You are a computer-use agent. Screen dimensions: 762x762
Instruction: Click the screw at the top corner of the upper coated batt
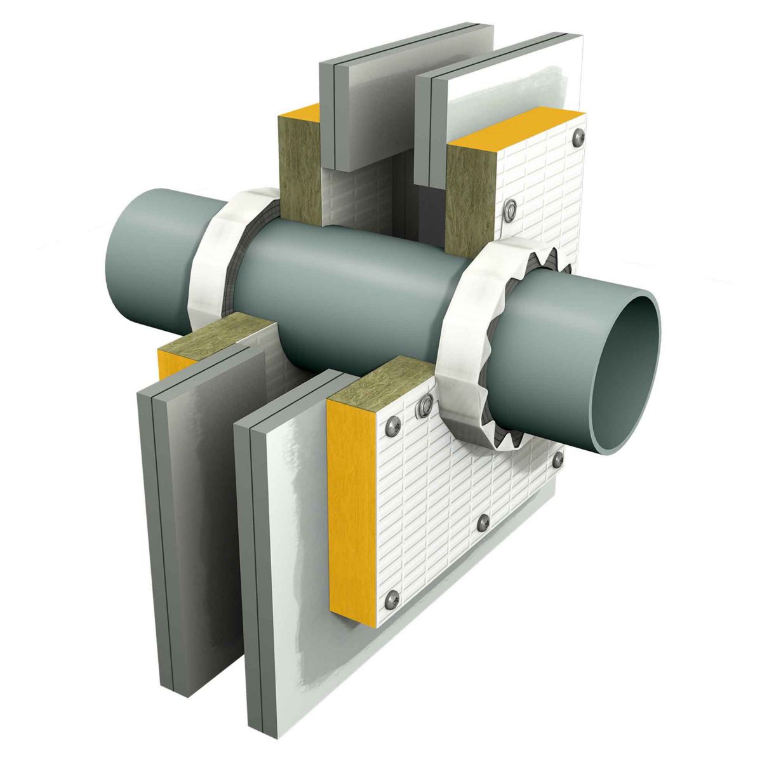click(x=577, y=136)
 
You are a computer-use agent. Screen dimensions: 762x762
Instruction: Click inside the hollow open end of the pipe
click(x=625, y=375)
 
